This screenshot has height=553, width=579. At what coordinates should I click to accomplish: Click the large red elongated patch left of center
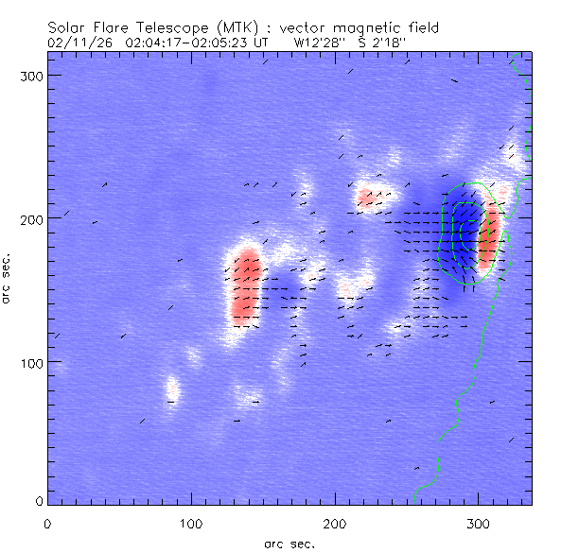[244, 286]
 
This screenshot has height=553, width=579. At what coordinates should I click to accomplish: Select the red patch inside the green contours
[488, 236]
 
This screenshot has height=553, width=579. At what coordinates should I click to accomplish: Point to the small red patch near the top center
[366, 199]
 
